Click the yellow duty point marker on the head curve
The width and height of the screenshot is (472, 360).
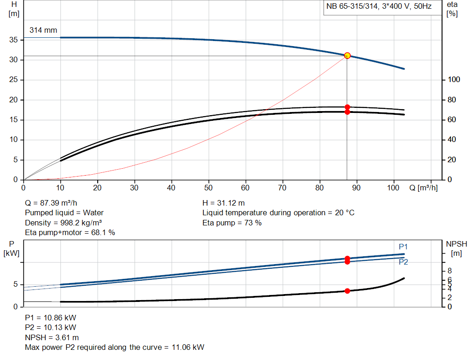(347, 56)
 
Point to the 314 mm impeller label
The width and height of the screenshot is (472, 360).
(43, 30)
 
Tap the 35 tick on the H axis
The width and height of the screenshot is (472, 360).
(14, 40)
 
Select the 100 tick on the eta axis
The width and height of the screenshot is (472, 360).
(453, 80)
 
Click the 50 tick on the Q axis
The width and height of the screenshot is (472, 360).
(208, 188)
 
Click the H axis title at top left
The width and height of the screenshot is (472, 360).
(13, 8)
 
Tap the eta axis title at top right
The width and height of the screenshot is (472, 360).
(452, 8)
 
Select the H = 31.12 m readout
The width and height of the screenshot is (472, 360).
(224, 203)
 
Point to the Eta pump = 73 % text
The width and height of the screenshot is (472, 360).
(232, 223)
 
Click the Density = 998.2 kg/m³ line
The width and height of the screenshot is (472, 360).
(63, 223)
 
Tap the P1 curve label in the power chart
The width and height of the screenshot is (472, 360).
(403, 247)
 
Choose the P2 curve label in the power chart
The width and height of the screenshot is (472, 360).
(403, 262)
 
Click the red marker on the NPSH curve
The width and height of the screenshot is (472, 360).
(347, 291)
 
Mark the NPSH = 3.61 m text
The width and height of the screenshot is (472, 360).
(52, 338)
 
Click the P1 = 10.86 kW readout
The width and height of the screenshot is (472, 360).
(51, 318)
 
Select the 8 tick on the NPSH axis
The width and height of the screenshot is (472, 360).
(449, 271)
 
